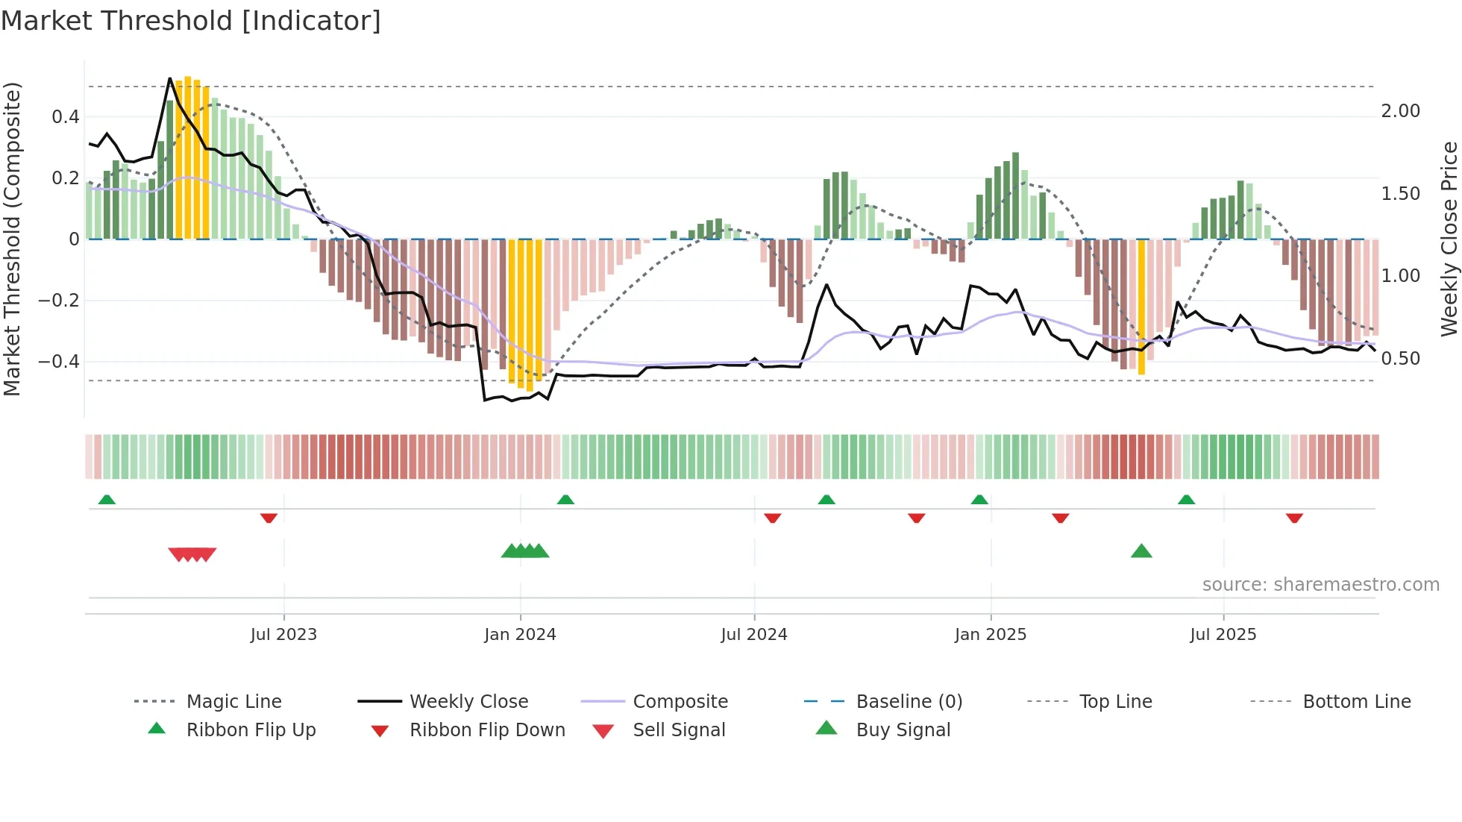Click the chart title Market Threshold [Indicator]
pyautogui.click(x=191, y=21)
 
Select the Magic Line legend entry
pyautogui.click(x=233, y=702)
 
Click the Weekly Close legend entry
pyautogui.click(x=468, y=702)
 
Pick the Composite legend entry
pyautogui.click(x=680, y=702)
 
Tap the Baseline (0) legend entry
pyautogui.click(x=909, y=702)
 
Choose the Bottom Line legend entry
pyautogui.click(x=1356, y=702)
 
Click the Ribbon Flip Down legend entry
pyautogui.click(x=486, y=730)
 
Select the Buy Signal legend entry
pyautogui.click(x=903, y=730)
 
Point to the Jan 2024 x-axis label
pyautogui.click(x=520, y=635)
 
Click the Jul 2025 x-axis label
pyautogui.click(x=1223, y=635)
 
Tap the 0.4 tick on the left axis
pyautogui.click(x=66, y=117)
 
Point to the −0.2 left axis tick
pyautogui.click(x=59, y=301)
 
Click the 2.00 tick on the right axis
pyautogui.click(x=1400, y=111)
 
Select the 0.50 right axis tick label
pyautogui.click(x=1400, y=359)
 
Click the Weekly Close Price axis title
pyautogui.click(x=1449, y=239)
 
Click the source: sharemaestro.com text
pyautogui.click(x=1320, y=585)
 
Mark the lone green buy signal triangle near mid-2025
pyautogui.click(x=1141, y=552)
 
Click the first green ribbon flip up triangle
pyautogui.click(x=107, y=500)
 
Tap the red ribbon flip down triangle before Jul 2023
pyautogui.click(x=269, y=518)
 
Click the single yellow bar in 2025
pyautogui.click(x=1141, y=306)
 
